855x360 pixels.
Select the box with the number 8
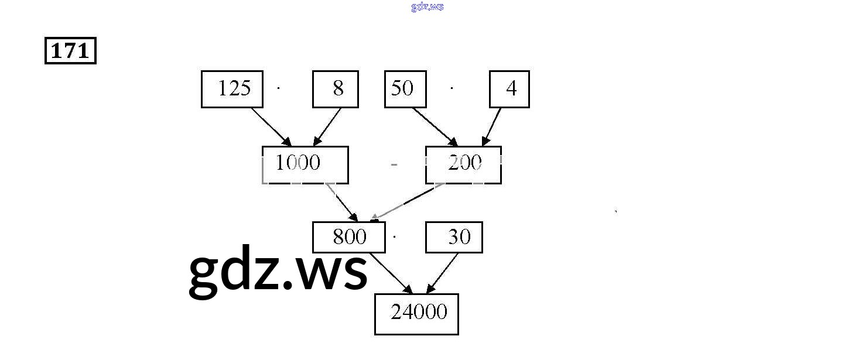point(335,89)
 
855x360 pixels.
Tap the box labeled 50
point(405,89)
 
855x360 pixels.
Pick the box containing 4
point(509,89)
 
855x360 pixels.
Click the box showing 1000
point(305,164)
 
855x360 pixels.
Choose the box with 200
point(463,164)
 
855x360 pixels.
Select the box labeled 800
point(349,237)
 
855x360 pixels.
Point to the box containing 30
point(454,237)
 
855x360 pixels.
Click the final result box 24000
point(416,314)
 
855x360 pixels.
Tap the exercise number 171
point(70,51)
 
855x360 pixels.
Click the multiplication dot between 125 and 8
point(279,88)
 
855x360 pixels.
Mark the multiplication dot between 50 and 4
point(452,88)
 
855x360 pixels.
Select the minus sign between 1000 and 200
point(394,165)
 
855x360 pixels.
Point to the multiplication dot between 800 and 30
point(395,237)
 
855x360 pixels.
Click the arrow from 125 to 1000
point(271,127)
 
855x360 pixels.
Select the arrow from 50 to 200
point(435,126)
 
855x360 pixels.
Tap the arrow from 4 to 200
point(493,126)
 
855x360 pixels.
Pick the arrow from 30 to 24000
point(442,273)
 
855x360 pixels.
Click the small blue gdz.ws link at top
point(427,6)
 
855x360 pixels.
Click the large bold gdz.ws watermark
point(278,271)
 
